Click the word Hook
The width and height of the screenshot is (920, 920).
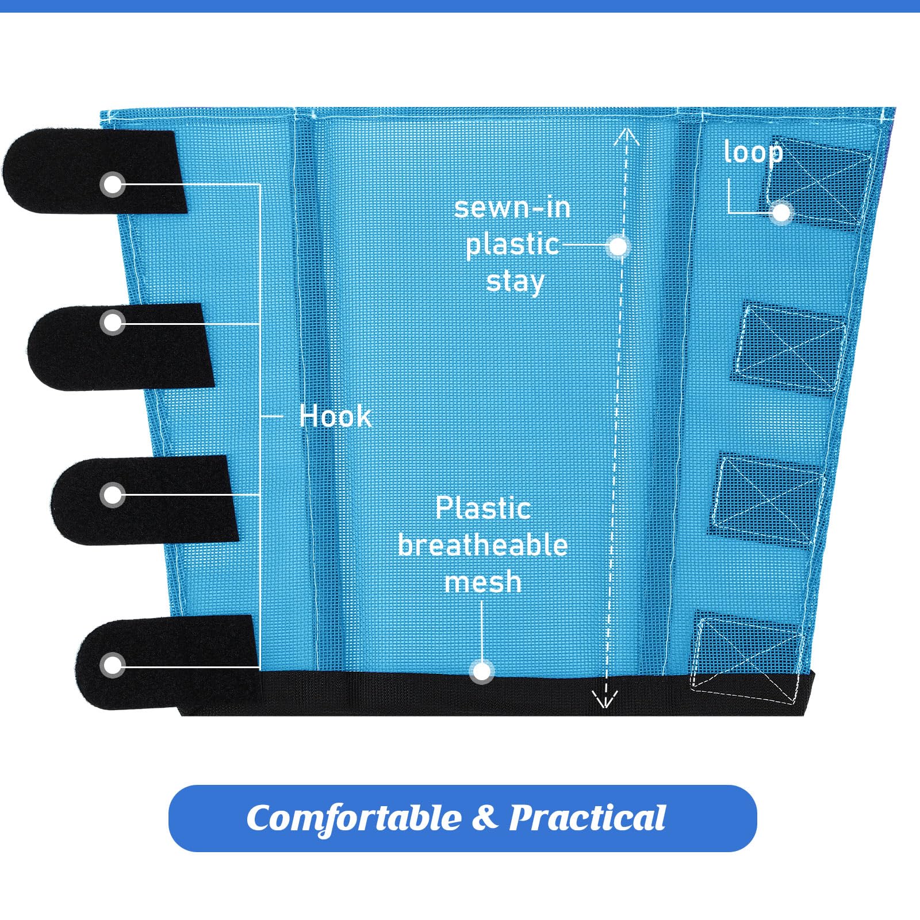[335, 416]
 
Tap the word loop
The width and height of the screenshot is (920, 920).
[753, 152]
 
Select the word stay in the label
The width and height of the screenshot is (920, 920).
[515, 282]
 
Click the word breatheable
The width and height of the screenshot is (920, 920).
[483, 545]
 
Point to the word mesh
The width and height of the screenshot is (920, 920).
[483, 582]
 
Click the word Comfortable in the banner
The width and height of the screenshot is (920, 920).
[354, 818]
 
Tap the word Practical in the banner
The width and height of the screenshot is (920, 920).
[587, 817]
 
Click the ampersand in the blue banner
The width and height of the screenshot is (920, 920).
[484, 817]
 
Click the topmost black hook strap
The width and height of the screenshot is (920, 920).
[95, 171]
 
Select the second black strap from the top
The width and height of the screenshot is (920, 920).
[121, 347]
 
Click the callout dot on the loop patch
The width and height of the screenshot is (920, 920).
[781, 212]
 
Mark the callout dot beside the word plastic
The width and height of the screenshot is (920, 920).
[618, 247]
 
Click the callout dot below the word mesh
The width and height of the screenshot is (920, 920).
[482, 671]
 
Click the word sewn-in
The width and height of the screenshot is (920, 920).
[512, 208]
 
